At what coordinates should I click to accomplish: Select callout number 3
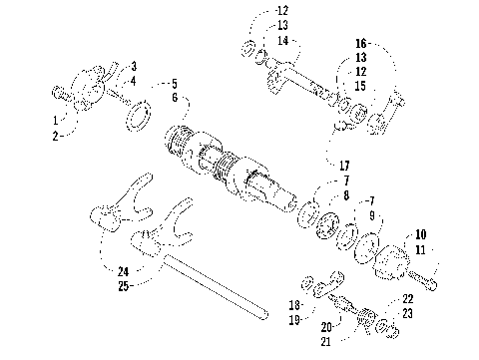click(134, 66)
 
